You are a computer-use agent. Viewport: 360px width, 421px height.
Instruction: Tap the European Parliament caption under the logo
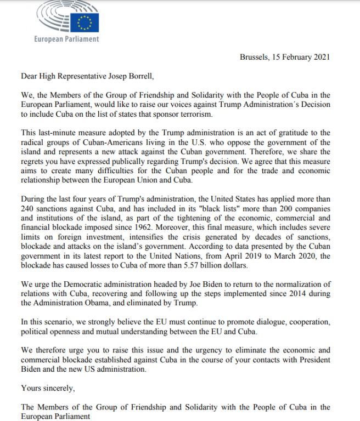[x=66, y=39]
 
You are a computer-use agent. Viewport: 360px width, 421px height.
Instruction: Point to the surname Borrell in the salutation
[x=144, y=76]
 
